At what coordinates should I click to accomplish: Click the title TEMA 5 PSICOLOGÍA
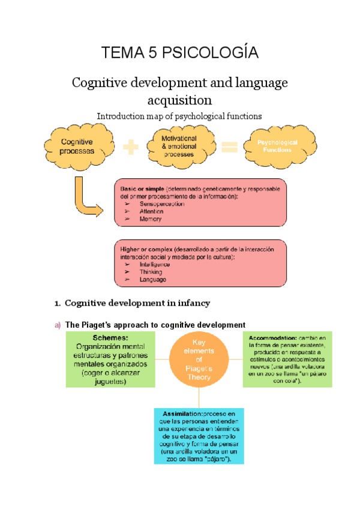pos(181,53)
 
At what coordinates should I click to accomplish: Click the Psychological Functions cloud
pos(277,146)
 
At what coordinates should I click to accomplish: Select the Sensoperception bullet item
pos(161,204)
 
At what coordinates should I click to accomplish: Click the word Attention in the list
pos(151,212)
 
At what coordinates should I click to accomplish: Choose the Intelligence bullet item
pos(155,264)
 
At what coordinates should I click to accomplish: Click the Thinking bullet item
pos(151,272)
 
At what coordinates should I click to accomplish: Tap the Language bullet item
pos(153,280)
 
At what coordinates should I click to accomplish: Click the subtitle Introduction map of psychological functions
pos(180,116)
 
